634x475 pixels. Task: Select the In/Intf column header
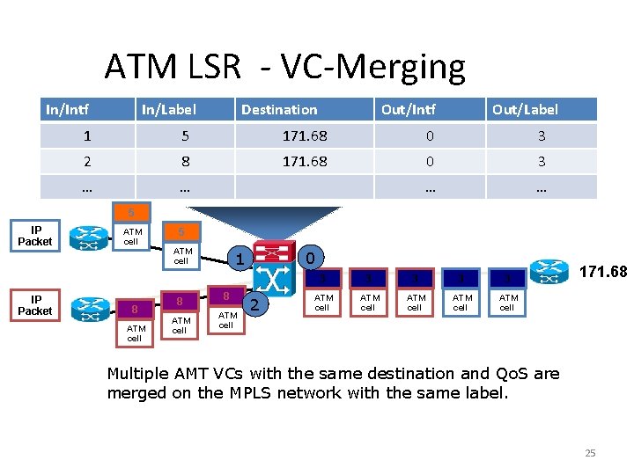click(x=68, y=110)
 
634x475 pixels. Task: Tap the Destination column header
click(x=279, y=110)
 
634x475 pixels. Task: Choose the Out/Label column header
click(x=525, y=110)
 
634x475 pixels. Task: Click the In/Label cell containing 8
click(x=184, y=162)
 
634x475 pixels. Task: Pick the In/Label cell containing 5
click(x=184, y=136)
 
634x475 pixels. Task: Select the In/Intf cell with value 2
click(x=86, y=162)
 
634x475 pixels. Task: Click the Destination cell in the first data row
click(x=304, y=136)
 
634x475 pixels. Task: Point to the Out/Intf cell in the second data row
click(x=429, y=162)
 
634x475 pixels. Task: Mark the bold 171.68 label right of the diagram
click(x=602, y=272)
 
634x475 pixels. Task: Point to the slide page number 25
click(x=590, y=453)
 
